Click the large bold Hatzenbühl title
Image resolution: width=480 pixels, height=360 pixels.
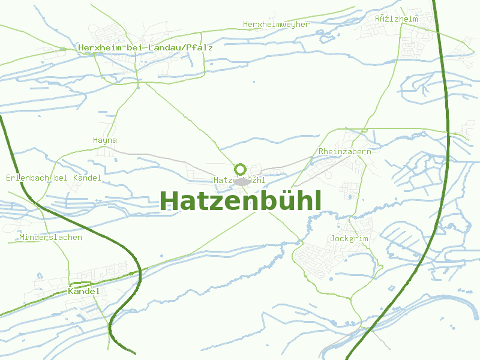tap(241, 201)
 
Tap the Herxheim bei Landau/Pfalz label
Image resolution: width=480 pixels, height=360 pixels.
tap(145, 47)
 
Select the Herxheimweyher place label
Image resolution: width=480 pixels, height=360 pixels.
tap(276, 25)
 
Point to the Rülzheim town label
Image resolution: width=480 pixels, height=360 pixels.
tap(396, 19)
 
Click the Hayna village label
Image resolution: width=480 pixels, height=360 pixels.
tap(105, 140)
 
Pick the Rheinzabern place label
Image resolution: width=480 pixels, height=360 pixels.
tap(345, 152)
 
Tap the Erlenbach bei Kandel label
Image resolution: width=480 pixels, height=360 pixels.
tap(53, 178)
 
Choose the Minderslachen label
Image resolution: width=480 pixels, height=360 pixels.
tap(50, 238)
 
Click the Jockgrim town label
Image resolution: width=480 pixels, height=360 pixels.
tap(349, 239)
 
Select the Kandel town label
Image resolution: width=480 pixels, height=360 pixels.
tap(84, 291)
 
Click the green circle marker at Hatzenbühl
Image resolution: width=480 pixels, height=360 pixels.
tap(241, 169)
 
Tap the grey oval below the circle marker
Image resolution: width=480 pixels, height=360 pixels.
tap(242, 181)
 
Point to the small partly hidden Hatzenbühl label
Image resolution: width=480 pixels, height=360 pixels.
tap(239, 181)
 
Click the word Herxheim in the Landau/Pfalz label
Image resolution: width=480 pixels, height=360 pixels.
tap(98, 47)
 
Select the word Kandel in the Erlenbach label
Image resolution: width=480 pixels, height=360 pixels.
tap(87, 178)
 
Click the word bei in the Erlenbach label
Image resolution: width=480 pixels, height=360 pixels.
tap(61, 178)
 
